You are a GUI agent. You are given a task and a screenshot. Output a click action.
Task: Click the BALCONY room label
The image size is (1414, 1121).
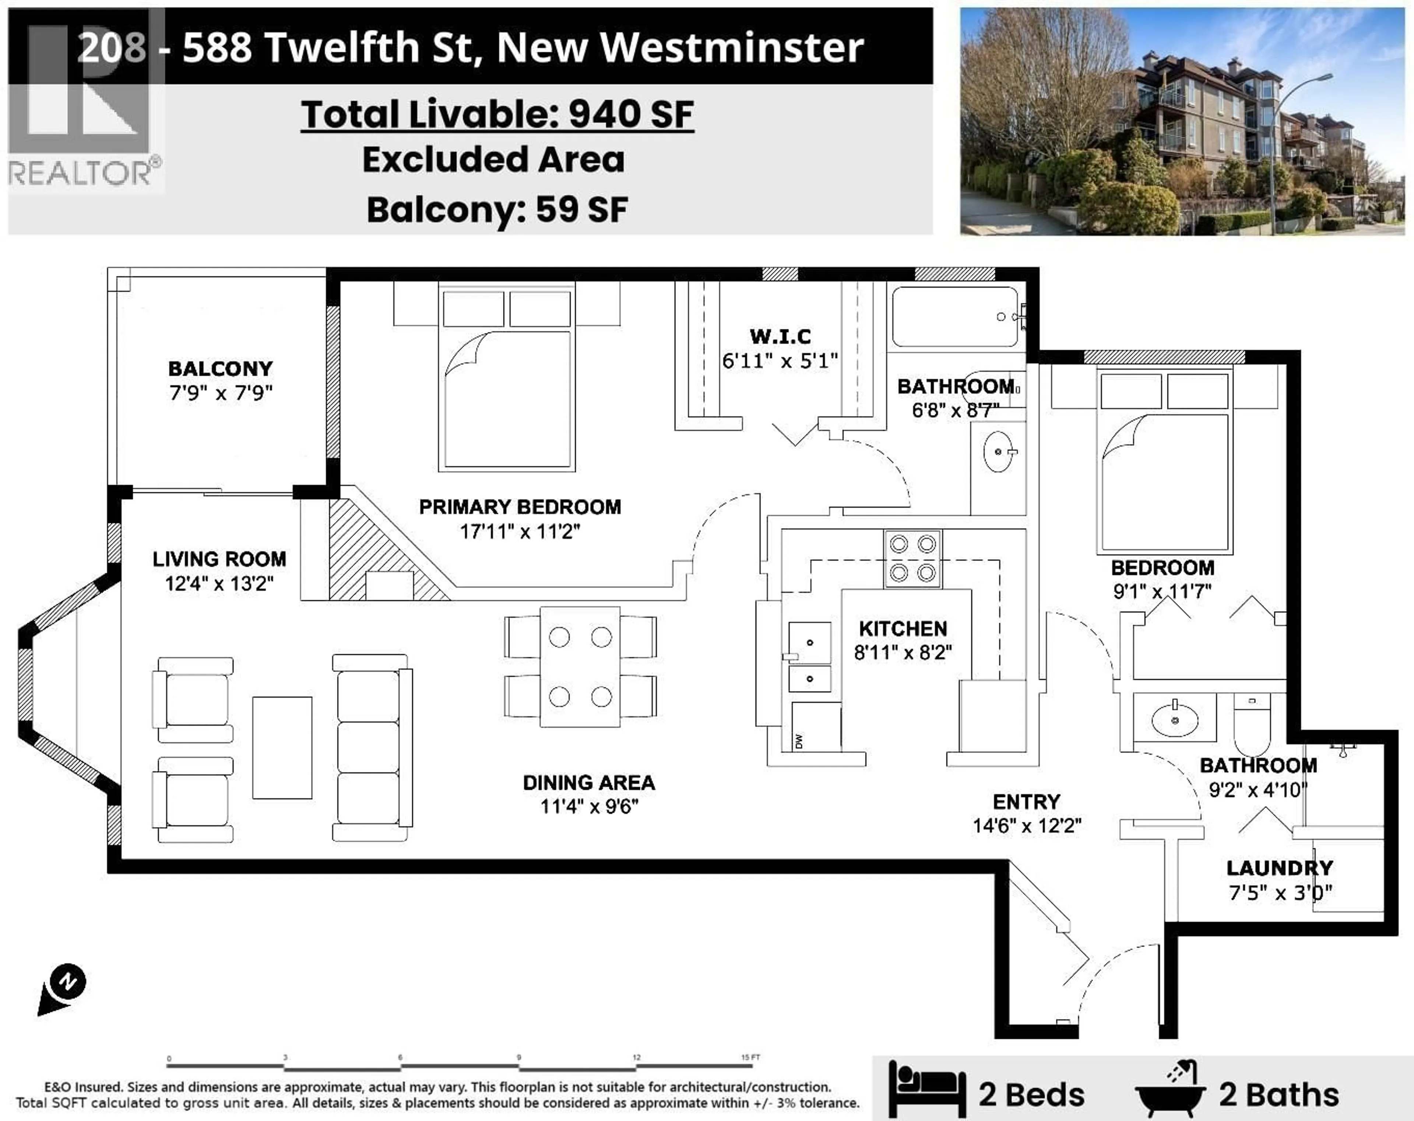(220, 369)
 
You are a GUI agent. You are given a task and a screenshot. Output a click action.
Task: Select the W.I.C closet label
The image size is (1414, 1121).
(780, 336)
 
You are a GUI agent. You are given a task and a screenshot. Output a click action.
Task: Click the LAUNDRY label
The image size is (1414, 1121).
(1280, 868)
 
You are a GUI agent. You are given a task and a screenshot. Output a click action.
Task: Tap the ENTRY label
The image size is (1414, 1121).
(1026, 802)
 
